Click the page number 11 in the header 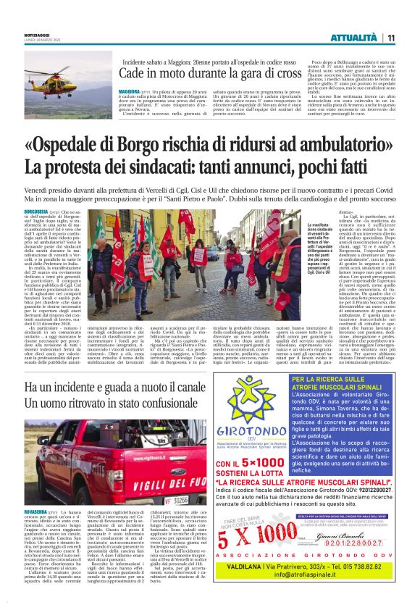tap(390, 38)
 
